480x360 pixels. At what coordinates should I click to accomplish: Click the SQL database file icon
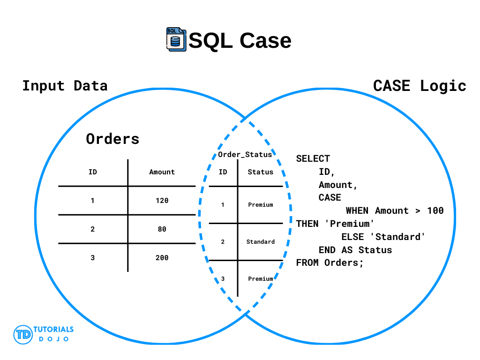(x=176, y=39)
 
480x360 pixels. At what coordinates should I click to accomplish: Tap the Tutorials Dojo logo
(x=44, y=334)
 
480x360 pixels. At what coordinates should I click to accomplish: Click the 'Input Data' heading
(x=65, y=86)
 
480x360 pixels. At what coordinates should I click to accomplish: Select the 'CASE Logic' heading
(x=420, y=86)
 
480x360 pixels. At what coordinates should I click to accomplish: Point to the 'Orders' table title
(x=112, y=139)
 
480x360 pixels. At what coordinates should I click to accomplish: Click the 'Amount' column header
(x=162, y=172)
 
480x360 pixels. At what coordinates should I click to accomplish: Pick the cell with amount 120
(x=162, y=201)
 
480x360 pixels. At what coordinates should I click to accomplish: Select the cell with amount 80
(x=162, y=229)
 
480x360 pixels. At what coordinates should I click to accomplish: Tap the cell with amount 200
(x=162, y=258)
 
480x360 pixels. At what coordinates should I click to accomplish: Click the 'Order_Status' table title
(x=245, y=155)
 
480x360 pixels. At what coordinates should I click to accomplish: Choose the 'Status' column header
(x=261, y=172)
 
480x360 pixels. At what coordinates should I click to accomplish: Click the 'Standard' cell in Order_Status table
(x=261, y=242)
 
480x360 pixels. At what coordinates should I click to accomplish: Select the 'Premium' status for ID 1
(x=261, y=205)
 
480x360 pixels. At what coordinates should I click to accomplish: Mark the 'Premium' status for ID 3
(x=261, y=279)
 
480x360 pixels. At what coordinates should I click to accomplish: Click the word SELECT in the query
(x=313, y=158)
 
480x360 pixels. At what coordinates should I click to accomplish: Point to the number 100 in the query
(x=435, y=210)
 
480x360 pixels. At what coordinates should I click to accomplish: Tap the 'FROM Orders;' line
(x=330, y=262)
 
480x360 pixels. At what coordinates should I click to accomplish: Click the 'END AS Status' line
(x=355, y=250)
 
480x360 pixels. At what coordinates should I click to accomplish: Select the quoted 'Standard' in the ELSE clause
(x=397, y=237)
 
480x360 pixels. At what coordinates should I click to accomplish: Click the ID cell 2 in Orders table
(x=92, y=229)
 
